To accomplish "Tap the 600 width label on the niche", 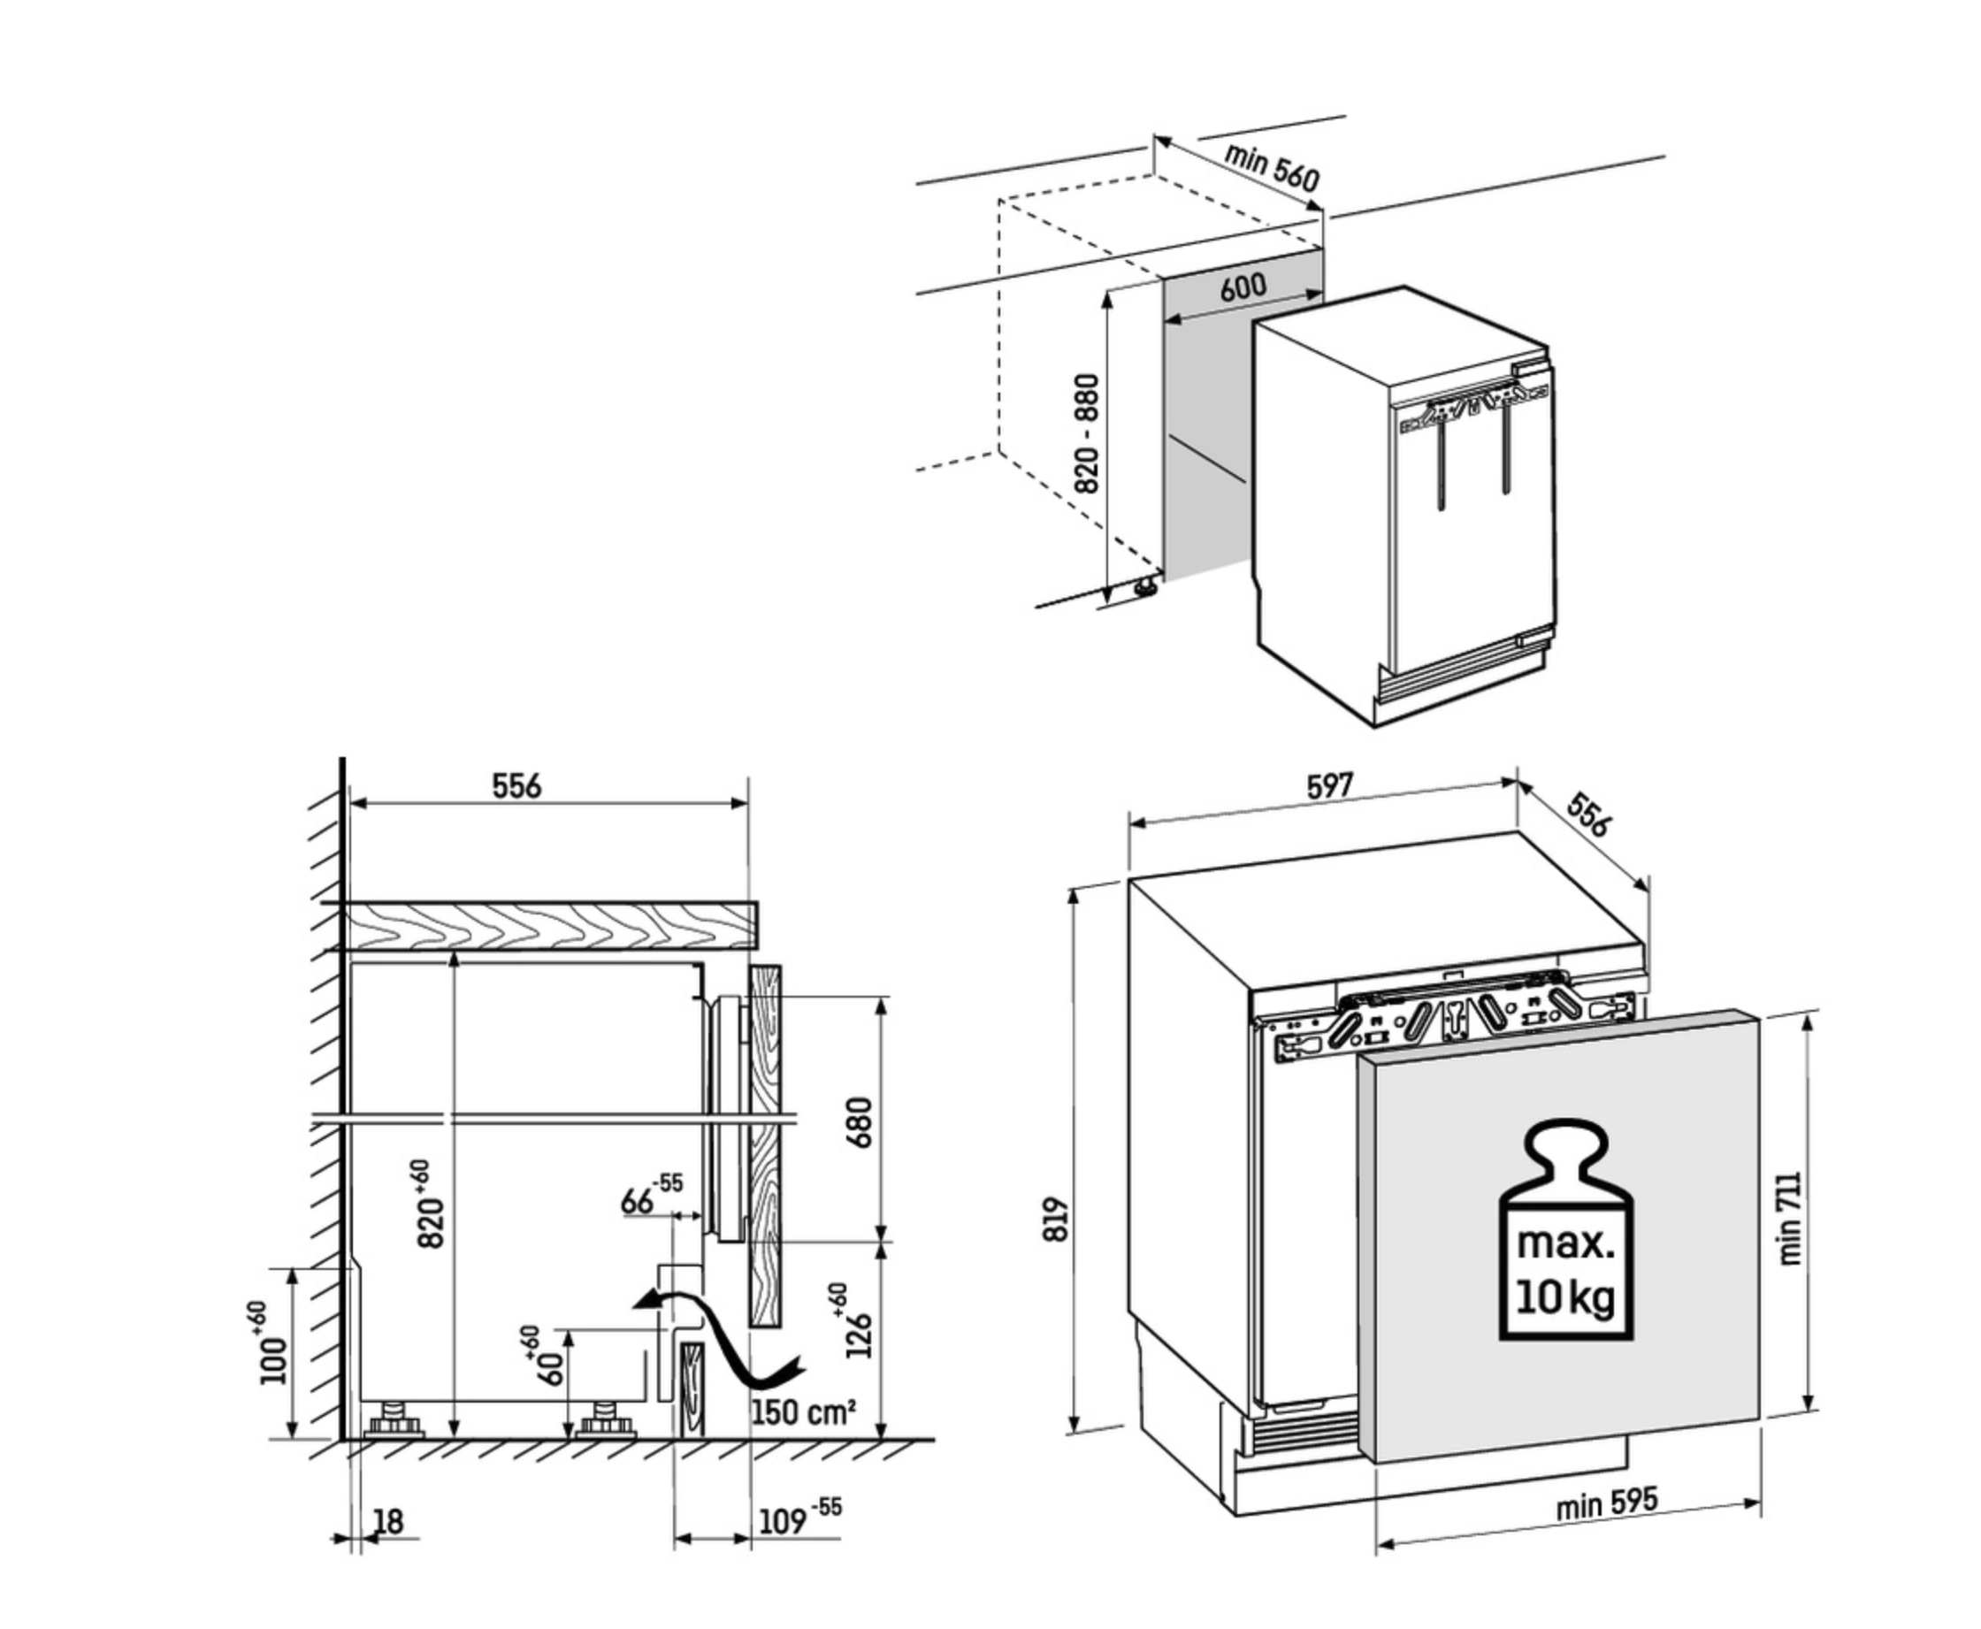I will click(1243, 287).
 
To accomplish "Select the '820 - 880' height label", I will click(1086, 433).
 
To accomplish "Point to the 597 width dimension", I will click(1330, 785).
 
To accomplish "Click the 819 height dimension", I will click(1057, 1220).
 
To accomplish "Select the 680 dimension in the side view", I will click(859, 1122).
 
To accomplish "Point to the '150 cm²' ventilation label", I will click(803, 1411).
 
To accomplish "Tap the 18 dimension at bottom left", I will click(387, 1522).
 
